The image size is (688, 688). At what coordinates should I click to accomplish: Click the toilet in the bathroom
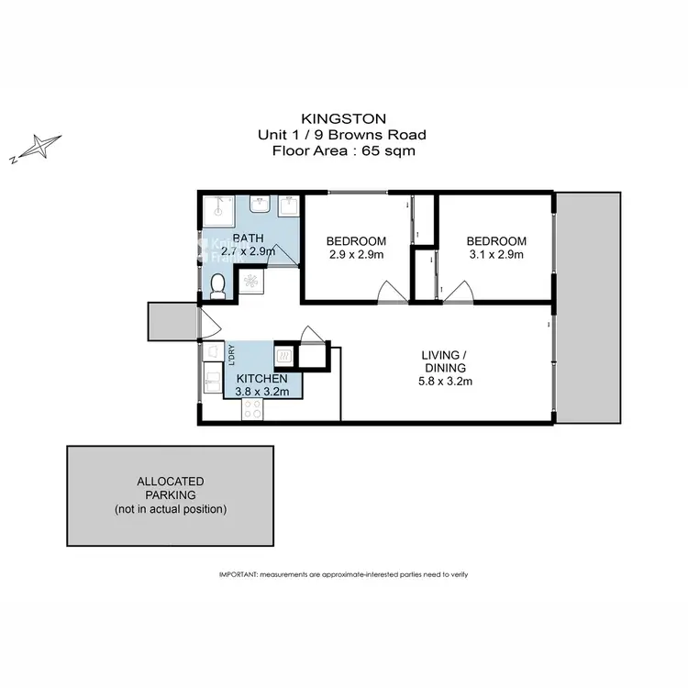point(216,289)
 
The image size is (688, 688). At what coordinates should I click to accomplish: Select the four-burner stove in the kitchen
point(251,409)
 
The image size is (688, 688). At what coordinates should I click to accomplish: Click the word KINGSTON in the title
point(343,118)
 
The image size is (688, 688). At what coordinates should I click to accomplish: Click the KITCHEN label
point(262,379)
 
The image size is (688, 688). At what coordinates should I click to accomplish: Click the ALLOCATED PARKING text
point(170,488)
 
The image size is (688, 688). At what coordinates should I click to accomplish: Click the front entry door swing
point(205,324)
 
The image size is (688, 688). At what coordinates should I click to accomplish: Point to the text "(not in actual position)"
point(170,509)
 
